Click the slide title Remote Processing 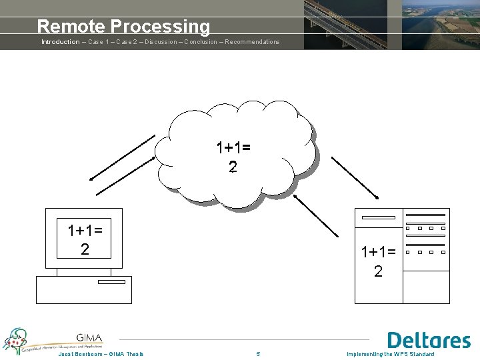click(123, 26)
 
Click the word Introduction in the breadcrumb click(60, 42)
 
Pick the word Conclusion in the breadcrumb click(200, 42)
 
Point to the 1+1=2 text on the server click(378, 261)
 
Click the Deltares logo click(429, 340)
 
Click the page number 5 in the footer click(258, 354)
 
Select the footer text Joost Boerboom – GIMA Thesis click(100, 354)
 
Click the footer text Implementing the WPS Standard click(390, 354)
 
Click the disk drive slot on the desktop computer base click(111, 282)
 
